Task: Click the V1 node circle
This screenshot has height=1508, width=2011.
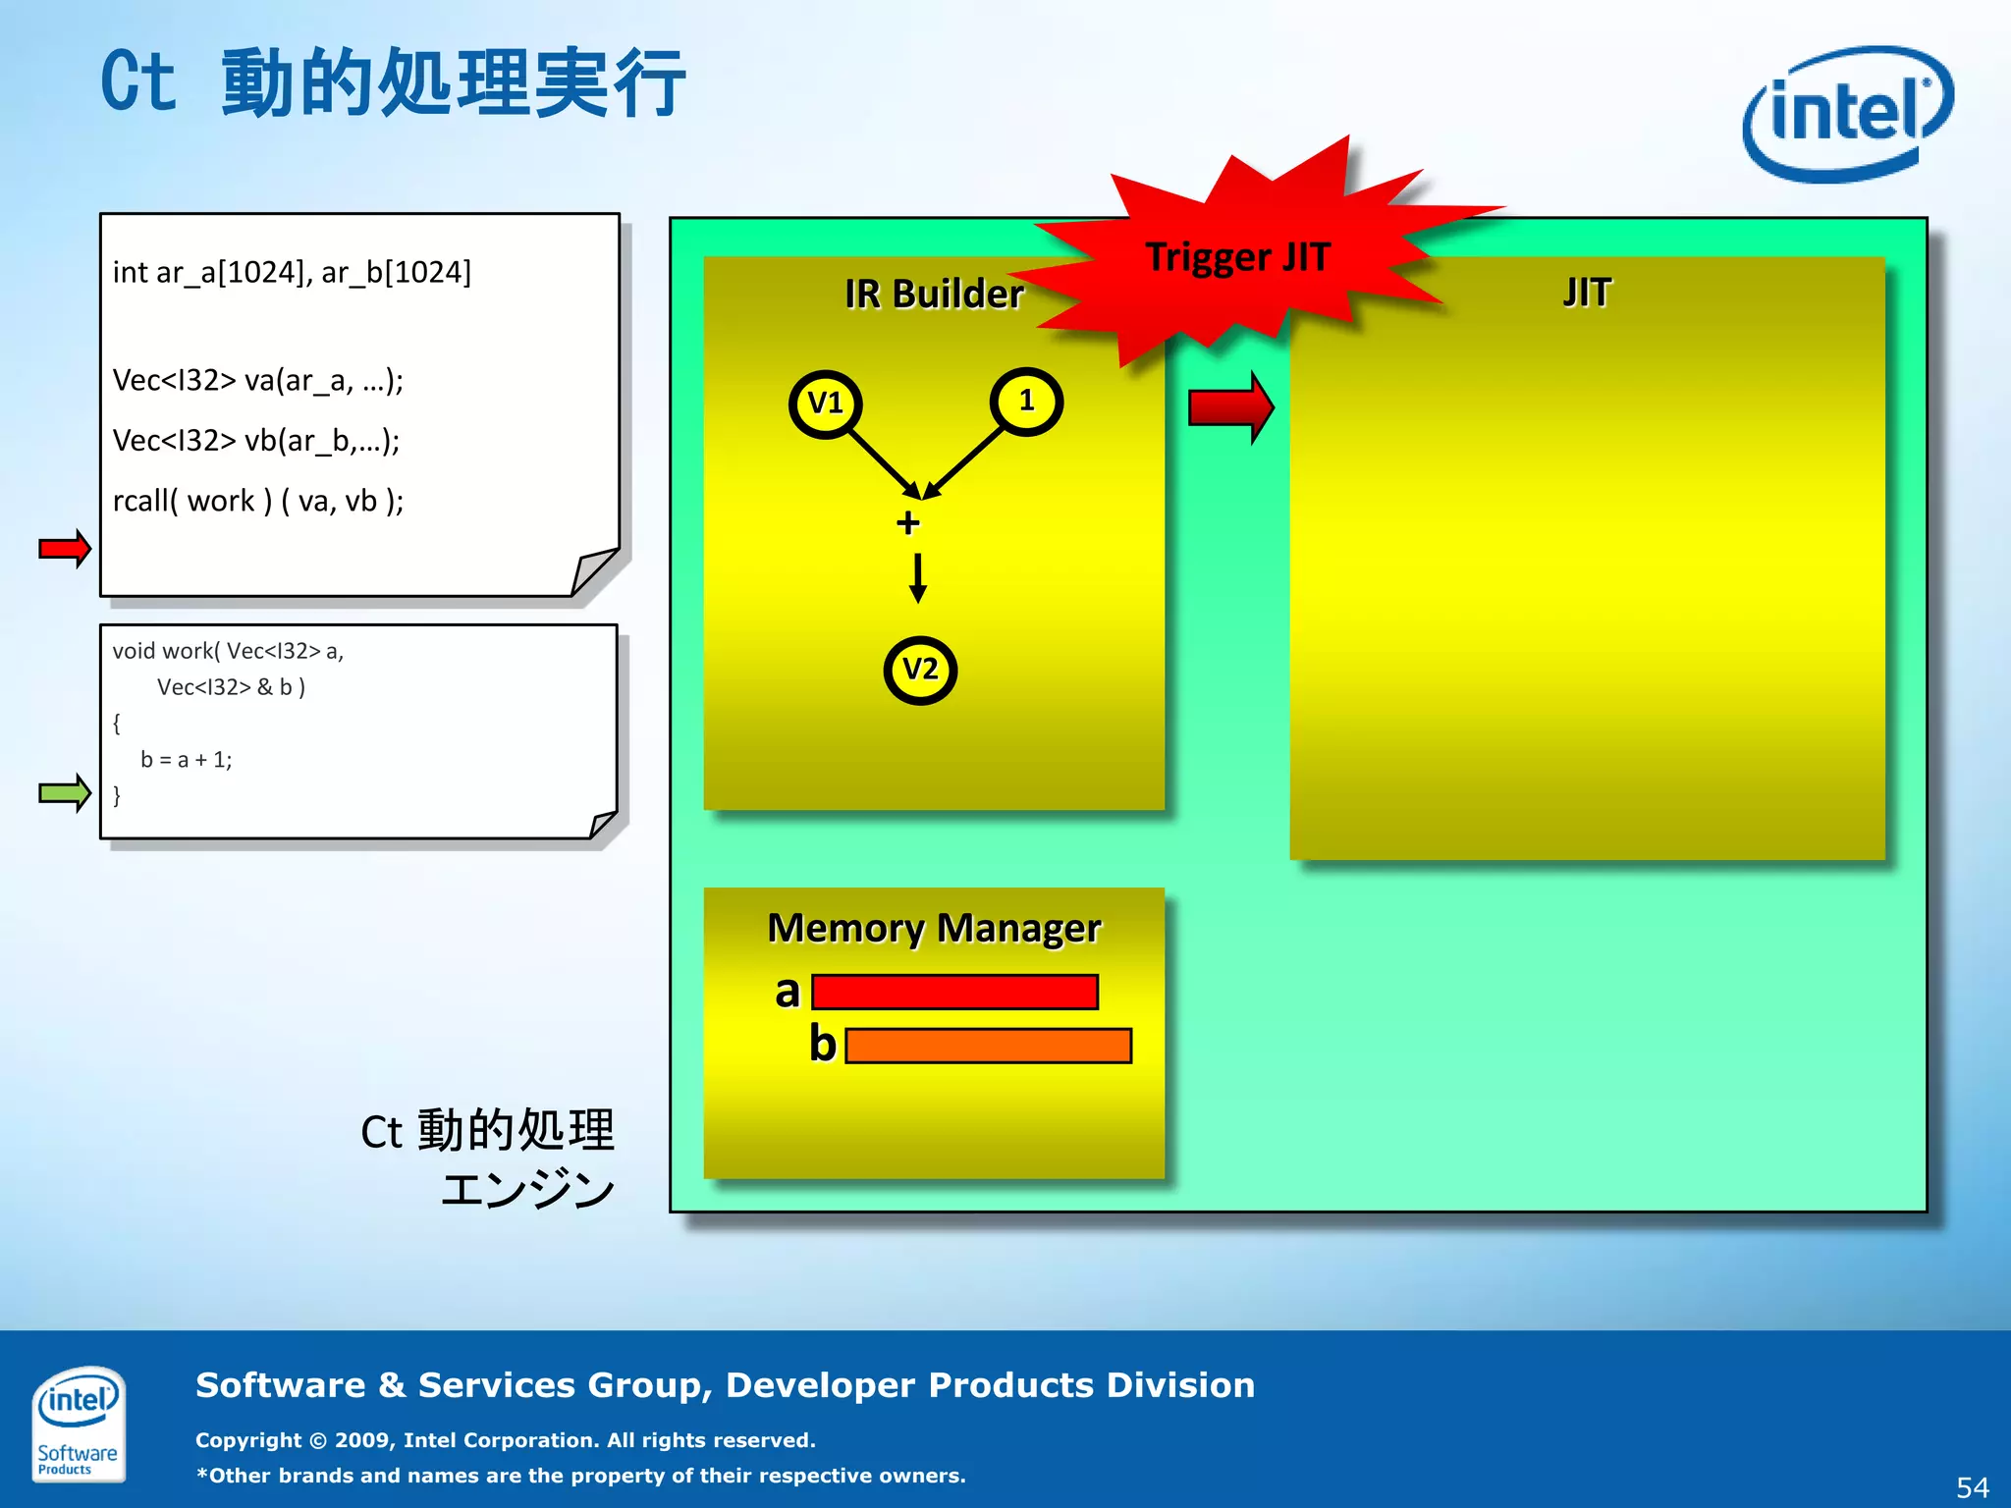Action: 825,404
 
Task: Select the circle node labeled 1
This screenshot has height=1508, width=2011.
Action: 1026,402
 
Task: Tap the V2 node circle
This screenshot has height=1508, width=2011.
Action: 920,670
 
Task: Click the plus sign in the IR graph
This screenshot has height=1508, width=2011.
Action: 908,523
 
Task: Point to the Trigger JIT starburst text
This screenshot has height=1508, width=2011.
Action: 1237,257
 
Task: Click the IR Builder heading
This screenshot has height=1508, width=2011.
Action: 933,294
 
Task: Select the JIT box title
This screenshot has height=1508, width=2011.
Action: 1587,293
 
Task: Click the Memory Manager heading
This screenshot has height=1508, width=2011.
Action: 934,928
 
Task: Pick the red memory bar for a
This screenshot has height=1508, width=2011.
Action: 954,992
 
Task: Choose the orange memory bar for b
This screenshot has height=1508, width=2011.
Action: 988,1046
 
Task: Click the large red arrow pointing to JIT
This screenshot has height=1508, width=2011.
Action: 1230,407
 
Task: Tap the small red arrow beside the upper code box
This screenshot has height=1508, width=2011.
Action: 65,548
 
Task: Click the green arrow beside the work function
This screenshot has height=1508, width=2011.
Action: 65,792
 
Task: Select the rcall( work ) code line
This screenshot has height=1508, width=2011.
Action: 258,501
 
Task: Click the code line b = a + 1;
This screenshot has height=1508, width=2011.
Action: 187,760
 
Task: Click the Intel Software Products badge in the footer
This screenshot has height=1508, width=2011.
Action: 78,1423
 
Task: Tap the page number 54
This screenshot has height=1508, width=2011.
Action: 1972,1486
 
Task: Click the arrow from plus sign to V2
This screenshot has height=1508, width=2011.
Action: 918,578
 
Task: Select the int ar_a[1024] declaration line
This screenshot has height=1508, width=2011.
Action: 292,272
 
